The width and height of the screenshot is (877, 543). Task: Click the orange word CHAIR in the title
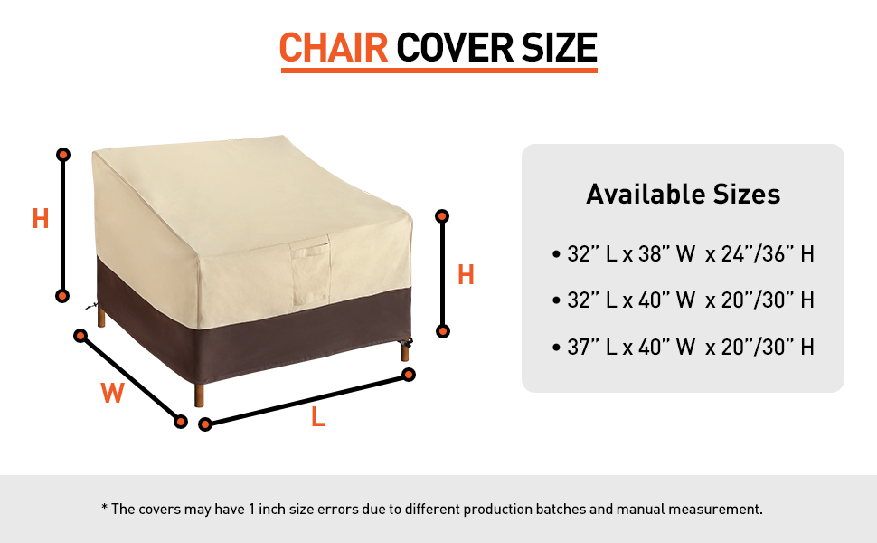[x=334, y=47]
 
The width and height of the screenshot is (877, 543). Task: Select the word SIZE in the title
[x=558, y=47]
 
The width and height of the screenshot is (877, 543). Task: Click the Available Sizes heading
[x=683, y=194]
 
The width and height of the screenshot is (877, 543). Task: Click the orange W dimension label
[x=112, y=393]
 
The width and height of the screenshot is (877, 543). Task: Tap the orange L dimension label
[x=317, y=417]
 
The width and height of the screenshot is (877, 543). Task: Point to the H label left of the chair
[x=41, y=219]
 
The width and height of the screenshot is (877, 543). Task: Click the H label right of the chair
[x=466, y=275]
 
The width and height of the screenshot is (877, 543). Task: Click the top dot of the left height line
[x=63, y=156]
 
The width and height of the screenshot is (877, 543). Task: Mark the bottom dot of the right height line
[x=443, y=331]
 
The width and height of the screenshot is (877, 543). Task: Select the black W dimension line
[x=130, y=378]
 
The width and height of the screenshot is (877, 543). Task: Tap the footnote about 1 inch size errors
[x=432, y=509]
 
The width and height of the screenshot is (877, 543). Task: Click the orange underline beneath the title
[x=438, y=70]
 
